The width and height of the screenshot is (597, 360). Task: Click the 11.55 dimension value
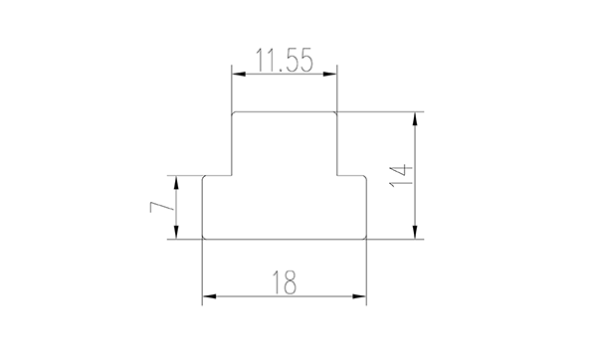coord(284,60)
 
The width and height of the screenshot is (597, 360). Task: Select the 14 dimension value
coord(400,176)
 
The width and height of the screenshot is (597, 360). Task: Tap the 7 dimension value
coord(157,208)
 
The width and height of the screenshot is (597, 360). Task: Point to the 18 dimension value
coord(284,283)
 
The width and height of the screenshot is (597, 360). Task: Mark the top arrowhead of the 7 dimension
coord(177,180)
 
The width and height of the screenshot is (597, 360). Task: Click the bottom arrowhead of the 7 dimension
coord(177,234)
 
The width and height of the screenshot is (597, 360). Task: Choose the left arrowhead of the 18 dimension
coord(207,296)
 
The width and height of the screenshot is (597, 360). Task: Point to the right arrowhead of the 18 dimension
coord(361,296)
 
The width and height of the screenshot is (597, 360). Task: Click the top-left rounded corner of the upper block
coord(233,113)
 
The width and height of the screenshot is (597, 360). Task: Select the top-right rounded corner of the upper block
coord(335,113)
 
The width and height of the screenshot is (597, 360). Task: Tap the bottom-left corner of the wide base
coord(204,238)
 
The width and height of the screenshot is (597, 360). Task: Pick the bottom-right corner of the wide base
coord(365,238)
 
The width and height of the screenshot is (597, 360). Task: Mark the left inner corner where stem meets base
coord(232,175)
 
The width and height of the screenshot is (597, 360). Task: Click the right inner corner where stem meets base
coord(336,175)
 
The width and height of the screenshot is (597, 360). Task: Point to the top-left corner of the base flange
coord(204,177)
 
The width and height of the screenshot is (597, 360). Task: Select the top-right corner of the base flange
coord(365,177)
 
